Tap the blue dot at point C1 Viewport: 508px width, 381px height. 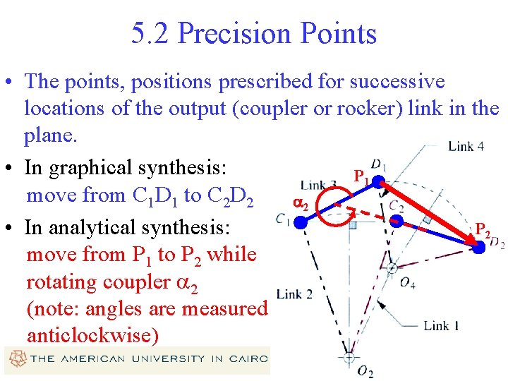(302, 222)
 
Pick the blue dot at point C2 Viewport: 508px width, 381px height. (398, 222)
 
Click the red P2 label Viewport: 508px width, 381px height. (483, 229)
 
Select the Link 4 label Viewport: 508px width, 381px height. (466, 146)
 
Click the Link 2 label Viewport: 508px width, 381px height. (294, 294)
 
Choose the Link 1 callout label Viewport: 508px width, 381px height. (441, 325)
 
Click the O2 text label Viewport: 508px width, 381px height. (365, 372)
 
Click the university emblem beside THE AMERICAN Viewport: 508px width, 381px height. (15, 359)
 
